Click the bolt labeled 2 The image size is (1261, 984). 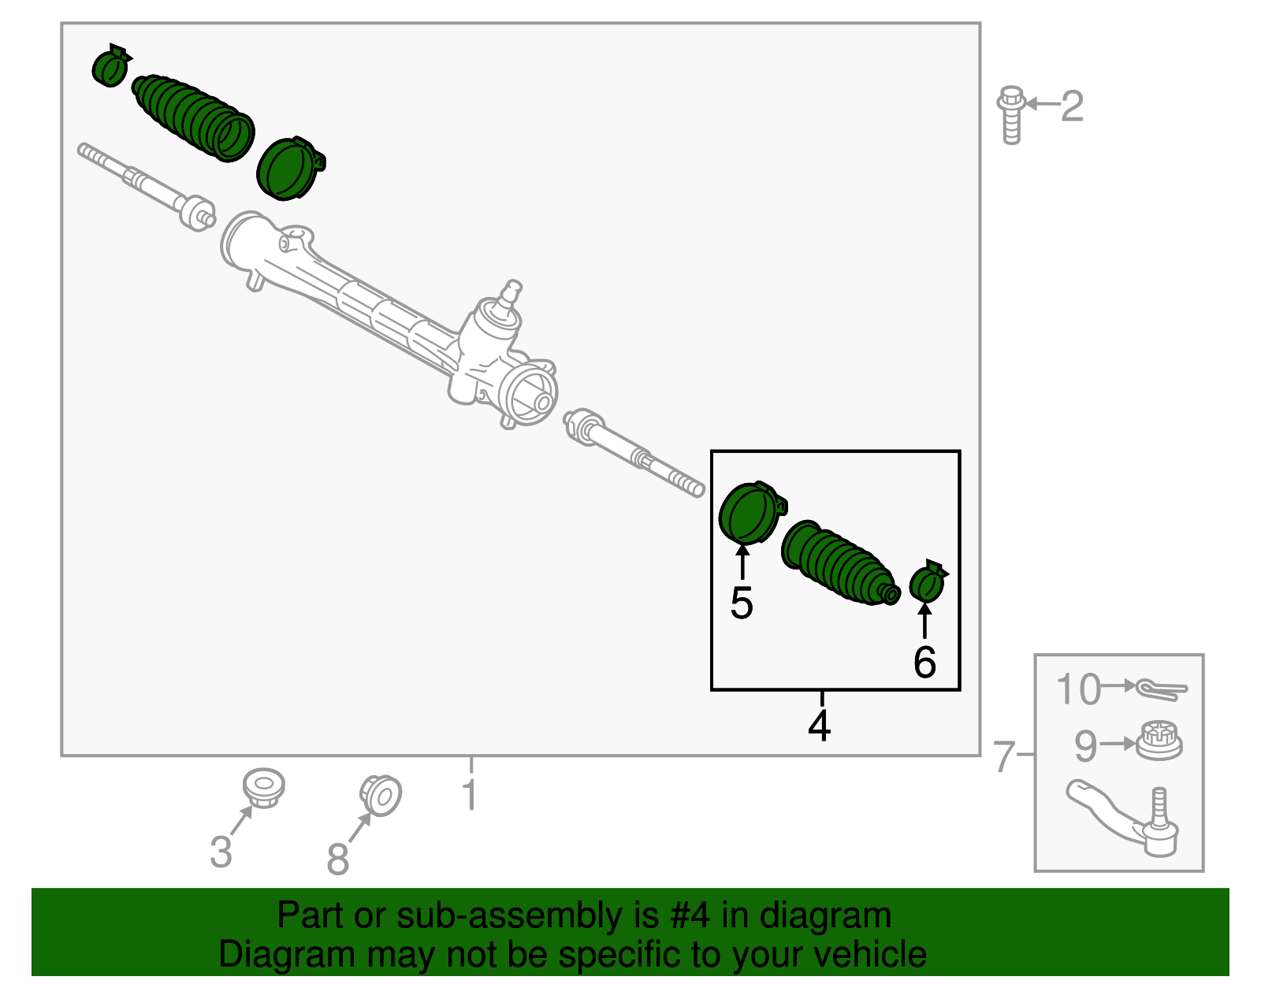pos(1010,116)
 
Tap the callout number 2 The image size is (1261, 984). pos(1072,106)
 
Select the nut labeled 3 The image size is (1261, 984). pos(262,787)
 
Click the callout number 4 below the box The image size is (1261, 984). pos(820,726)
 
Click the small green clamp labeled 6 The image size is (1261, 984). pos(928,581)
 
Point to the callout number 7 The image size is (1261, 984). pos(1002,756)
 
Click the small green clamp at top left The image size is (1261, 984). pos(110,67)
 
